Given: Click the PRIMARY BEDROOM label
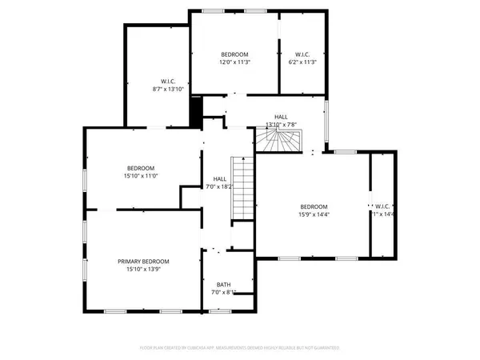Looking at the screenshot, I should coord(143,261).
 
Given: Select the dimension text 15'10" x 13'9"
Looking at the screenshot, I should coord(143,270).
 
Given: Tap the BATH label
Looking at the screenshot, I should coord(223,284).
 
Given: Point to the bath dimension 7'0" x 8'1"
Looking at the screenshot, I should coord(223,293).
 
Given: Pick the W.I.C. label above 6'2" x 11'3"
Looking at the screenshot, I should coord(302,54).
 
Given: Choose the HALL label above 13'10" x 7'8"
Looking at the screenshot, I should coord(282,116).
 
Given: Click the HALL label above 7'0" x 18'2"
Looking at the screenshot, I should coord(219,178).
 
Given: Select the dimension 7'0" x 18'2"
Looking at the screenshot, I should coord(219,186).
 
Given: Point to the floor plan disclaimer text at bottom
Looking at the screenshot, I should coord(239,348).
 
